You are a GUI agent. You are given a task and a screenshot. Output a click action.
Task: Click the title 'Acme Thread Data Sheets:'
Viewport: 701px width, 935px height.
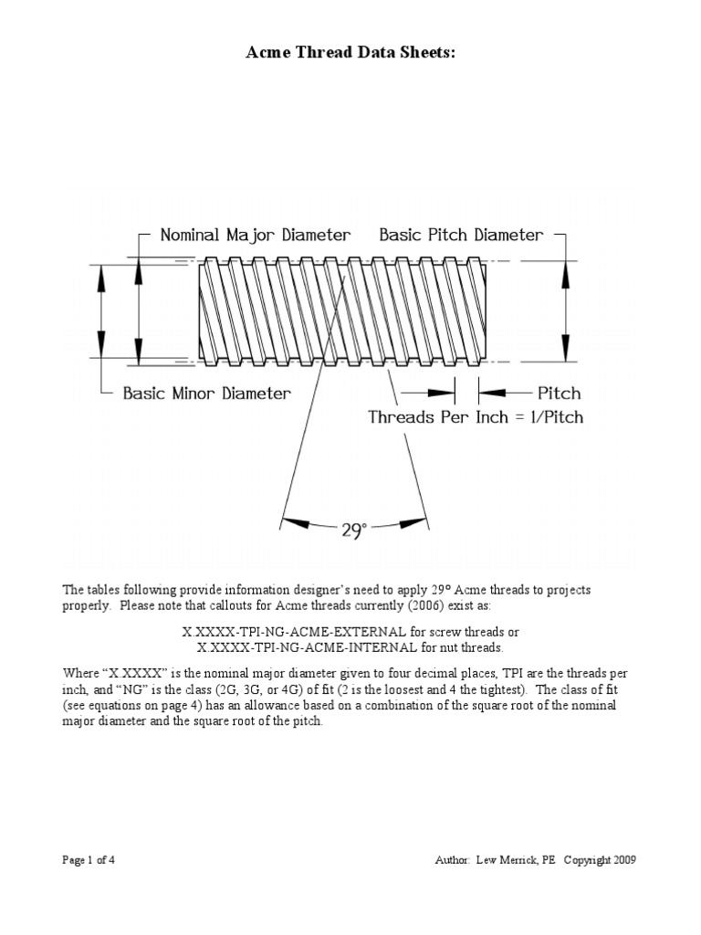pyautogui.click(x=350, y=55)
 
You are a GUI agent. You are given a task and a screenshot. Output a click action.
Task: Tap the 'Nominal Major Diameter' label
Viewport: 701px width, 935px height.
pyautogui.click(x=255, y=235)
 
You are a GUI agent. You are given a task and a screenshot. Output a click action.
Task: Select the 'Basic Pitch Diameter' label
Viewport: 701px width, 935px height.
pyautogui.click(x=461, y=235)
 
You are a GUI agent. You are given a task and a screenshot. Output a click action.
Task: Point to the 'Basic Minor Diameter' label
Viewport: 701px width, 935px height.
pyautogui.click(x=207, y=394)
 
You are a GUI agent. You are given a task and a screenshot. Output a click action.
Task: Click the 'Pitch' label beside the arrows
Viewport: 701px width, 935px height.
pyautogui.click(x=559, y=394)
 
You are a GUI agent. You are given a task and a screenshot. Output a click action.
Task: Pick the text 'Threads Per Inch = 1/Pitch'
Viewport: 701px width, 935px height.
pyautogui.click(x=475, y=417)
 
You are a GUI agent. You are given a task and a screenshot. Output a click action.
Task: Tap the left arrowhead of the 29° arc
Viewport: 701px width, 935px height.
pyautogui.click(x=294, y=521)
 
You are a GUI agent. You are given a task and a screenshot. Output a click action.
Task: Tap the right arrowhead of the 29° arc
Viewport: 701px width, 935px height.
pyautogui.click(x=415, y=521)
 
